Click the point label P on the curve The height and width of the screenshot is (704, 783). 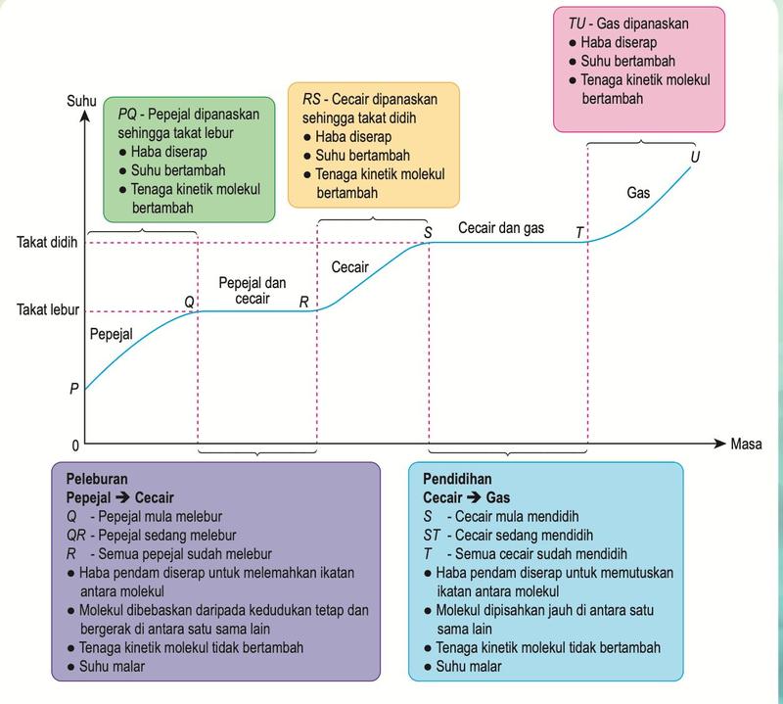tap(74, 388)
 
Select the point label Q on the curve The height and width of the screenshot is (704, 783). tap(189, 302)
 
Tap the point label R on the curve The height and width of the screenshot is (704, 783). tap(303, 302)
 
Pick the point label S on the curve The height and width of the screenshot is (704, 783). tap(428, 232)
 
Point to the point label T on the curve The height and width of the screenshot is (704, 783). tap(579, 232)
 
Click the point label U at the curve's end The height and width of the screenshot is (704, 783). tap(695, 157)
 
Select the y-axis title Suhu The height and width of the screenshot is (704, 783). tap(81, 102)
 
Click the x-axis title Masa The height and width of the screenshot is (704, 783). tap(746, 444)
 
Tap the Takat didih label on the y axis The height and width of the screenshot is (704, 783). tap(47, 242)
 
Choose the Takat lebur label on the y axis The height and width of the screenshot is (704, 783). tap(48, 309)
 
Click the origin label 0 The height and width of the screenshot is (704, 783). tap(75, 446)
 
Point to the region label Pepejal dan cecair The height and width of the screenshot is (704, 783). tap(253, 290)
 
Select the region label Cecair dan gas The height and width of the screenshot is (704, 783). tap(501, 228)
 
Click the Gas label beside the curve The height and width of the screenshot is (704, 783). tap(638, 192)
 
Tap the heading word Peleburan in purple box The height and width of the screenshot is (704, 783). tap(97, 479)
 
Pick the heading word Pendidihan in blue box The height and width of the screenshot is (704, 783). tap(457, 479)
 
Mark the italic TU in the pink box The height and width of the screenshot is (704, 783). tap(576, 23)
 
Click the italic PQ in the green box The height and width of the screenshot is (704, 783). tap(127, 115)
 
